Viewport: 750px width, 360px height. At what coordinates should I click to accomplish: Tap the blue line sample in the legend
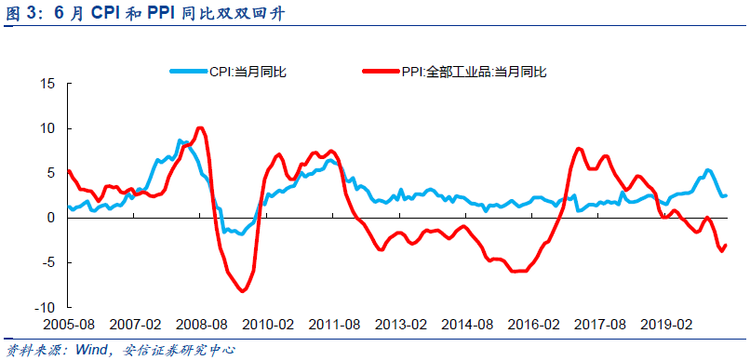[189, 72]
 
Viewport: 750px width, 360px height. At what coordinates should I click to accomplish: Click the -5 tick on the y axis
[50, 262]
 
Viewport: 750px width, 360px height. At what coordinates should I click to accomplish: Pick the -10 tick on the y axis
[46, 307]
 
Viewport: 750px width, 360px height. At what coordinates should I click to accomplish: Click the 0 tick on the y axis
[52, 218]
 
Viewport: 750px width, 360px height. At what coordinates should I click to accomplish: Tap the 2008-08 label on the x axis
[201, 326]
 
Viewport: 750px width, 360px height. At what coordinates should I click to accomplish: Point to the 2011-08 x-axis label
[334, 326]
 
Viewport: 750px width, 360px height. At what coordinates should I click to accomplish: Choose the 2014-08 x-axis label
[467, 326]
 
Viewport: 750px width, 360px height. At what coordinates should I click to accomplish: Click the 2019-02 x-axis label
[666, 326]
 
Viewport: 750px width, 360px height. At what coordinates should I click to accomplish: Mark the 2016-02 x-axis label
[533, 326]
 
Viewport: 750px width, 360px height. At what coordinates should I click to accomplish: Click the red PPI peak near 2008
[200, 128]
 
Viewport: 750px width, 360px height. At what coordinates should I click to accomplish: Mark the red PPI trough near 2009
[243, 291]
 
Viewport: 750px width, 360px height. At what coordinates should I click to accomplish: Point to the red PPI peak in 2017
[579, 148]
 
